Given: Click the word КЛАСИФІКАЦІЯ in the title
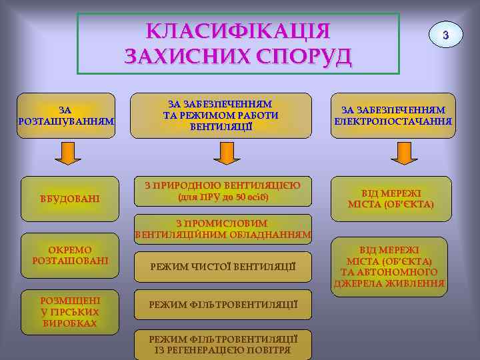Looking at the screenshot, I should coord(239,31).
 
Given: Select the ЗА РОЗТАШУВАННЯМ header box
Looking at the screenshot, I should coord(65,115).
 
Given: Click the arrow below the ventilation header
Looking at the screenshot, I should coord(223,154).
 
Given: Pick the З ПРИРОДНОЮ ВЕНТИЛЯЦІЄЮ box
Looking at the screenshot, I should coord(223,191).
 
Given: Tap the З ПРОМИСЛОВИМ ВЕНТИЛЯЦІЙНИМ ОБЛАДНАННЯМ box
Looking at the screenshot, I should coord(223,229).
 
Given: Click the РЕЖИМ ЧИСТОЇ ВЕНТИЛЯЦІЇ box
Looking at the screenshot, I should coord(223,267).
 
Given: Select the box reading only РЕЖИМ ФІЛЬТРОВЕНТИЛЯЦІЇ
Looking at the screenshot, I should coord(223,304).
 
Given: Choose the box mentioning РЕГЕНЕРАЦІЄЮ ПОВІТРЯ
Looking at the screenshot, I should coord(223,344).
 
